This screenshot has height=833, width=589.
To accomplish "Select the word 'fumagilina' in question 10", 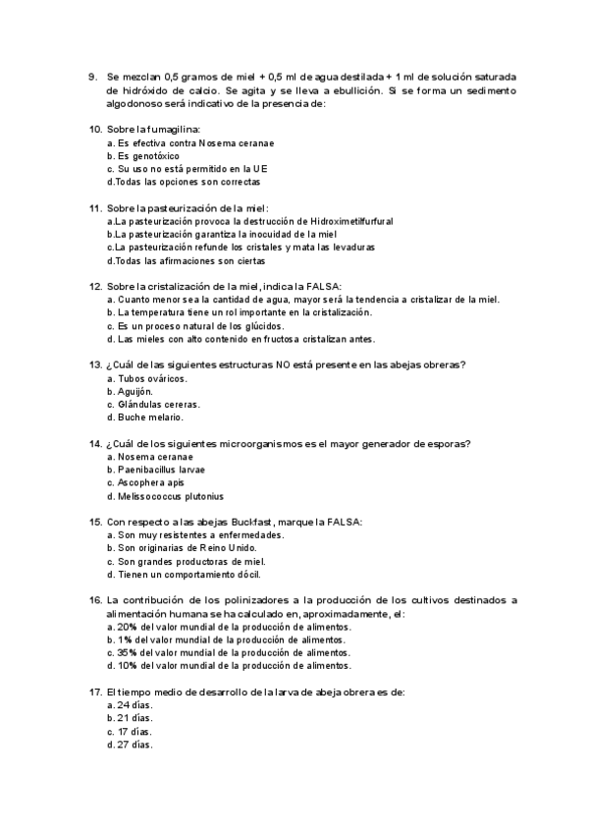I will coord(175,130).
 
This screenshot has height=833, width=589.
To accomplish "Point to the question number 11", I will coord(95,208).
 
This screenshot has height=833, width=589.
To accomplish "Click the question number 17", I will coord(95,692).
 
